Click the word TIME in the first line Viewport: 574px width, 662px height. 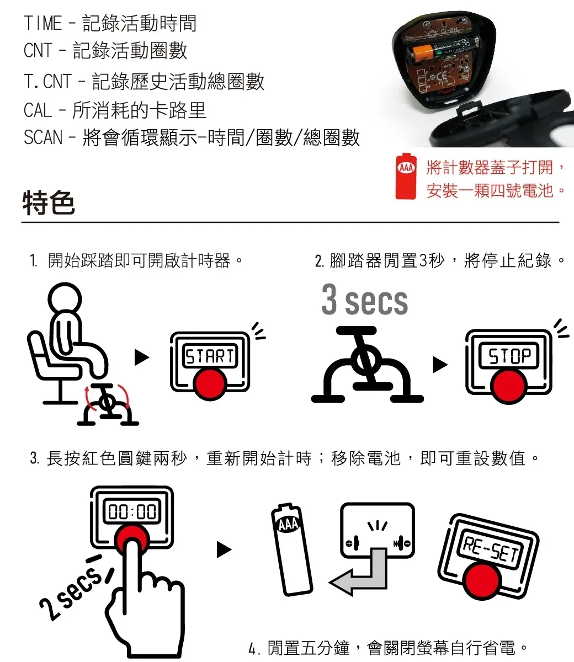[x=42, y=23]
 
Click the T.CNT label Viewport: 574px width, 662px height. [x=47, y=82]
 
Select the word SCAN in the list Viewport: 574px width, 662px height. [x=42, y=137]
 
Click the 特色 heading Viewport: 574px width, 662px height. [x=49, y=202]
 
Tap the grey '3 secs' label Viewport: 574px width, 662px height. [x=364, y=301]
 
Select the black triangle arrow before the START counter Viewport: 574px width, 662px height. [x=142, y=358]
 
